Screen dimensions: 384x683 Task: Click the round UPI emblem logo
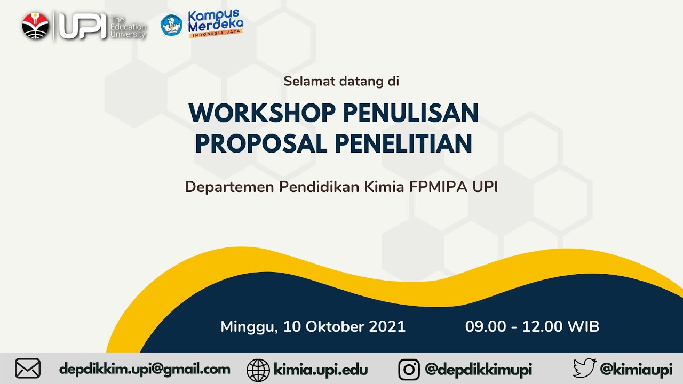[x=36, y=25]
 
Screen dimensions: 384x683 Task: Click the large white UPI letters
[x=82, y=26]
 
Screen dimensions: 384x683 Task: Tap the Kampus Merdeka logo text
[x=216, y=22]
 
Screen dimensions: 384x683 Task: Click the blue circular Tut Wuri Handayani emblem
[x=172, y=25]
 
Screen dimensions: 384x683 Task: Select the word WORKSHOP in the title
[x=262, y=113]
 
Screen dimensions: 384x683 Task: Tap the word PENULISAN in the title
[x=410, y=113]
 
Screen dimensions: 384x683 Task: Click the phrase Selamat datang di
[x=341, y=82]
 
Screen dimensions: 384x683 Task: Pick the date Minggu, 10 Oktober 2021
[x=313, y=326]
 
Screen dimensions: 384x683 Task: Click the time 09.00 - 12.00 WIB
[x=532, y=326]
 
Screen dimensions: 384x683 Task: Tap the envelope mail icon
[x=28, y=369]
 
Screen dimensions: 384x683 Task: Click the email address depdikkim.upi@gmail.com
[x=145, y=369]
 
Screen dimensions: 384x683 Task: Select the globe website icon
[x=258, y=370]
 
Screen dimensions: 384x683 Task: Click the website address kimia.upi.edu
[x=321, y=369]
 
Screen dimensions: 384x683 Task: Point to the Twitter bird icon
[x=584, y=369]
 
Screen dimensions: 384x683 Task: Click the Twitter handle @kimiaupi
[x=636, y=369]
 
